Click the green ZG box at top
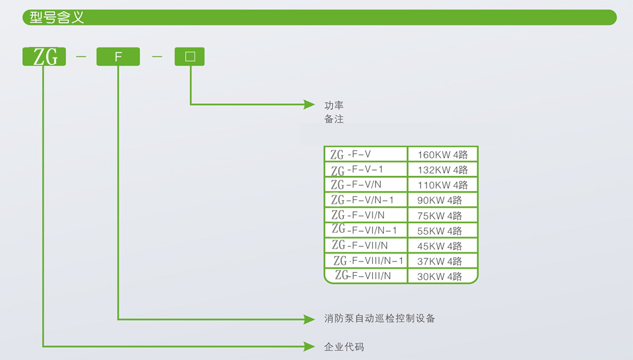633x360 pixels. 44,56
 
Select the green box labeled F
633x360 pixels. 118,56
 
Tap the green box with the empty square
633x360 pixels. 190,56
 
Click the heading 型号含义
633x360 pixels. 56,17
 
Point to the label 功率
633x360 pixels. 334,106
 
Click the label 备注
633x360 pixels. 334,119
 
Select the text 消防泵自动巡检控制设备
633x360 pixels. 380,319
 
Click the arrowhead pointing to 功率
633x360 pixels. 309,105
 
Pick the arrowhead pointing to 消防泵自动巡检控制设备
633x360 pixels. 309,319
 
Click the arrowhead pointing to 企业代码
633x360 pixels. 309,346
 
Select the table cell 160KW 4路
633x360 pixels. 443,155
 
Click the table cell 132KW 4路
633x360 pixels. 443,170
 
